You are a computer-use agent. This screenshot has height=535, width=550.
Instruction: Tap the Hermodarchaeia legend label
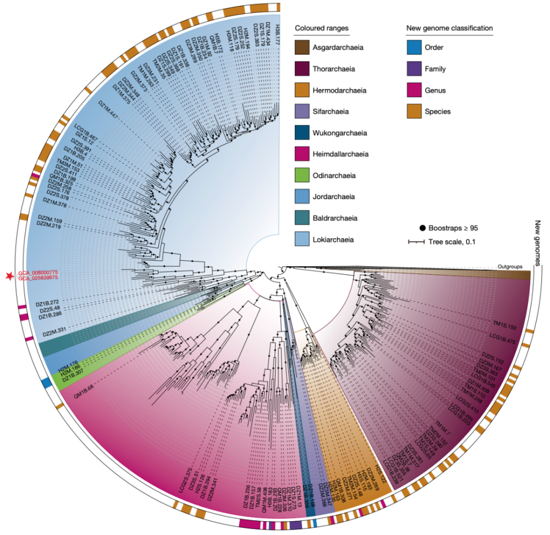coord(339,90)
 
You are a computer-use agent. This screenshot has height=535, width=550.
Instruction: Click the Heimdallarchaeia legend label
coord(340,155)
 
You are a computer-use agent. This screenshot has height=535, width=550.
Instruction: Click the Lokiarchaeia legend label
coord(334,240)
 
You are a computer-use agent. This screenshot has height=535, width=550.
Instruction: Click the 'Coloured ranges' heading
coord(322,28)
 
